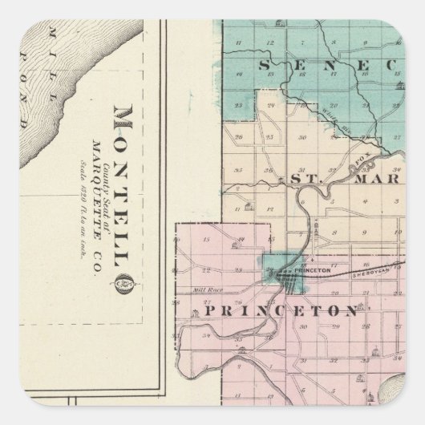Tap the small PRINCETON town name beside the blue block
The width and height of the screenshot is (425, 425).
pyautogui.click(x=314, y=271)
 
